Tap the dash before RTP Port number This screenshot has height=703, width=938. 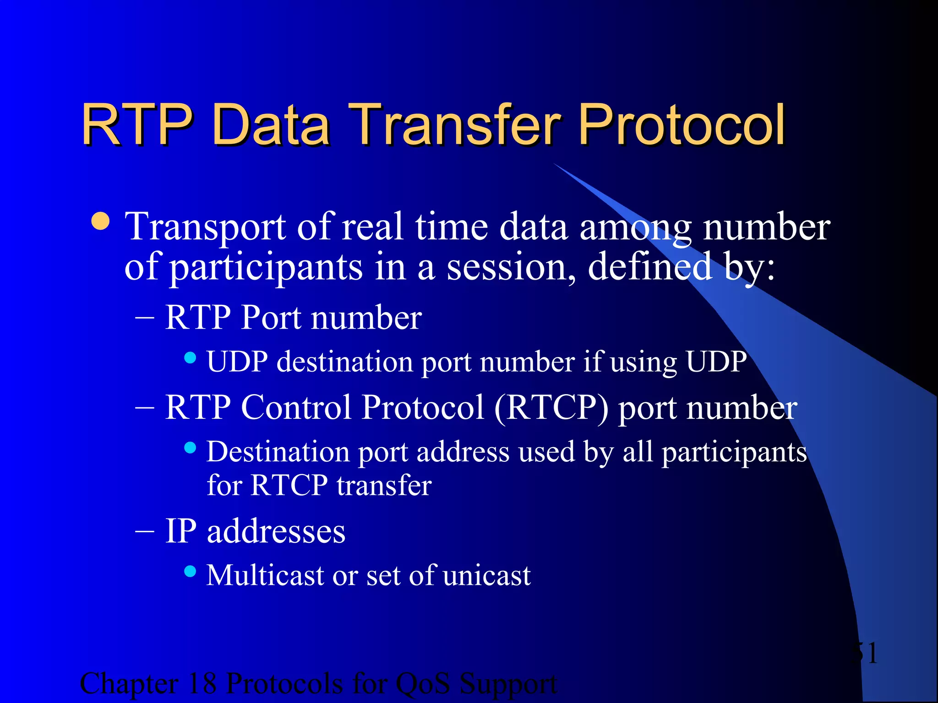[145, 318]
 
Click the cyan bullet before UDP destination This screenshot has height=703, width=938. [190, 357]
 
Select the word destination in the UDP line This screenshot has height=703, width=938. [345, 362]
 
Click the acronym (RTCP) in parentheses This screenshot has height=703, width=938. [551, 407]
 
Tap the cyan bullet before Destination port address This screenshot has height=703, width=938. [190, 447]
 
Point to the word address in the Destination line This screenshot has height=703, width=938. [463, 452]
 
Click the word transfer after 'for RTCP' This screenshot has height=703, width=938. [384, 485]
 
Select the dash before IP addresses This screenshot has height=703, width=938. [145, 531]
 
